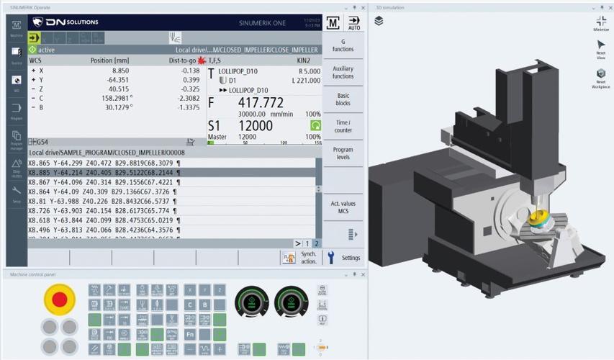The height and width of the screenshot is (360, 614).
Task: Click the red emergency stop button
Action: pos(60,299)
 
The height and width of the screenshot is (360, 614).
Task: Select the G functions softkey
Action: pos(343,45)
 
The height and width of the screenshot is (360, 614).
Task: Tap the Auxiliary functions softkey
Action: pos(343,72)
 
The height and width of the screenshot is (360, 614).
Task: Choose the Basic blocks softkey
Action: pos(343,99)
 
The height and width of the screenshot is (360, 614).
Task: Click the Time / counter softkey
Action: pos(343,126)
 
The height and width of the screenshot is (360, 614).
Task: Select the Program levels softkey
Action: pos(343,153)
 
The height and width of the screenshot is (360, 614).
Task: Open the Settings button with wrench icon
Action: pos(343,258)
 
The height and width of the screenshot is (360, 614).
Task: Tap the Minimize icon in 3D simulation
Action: pos(600,24)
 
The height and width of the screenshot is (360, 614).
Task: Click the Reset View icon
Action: pos(600,49)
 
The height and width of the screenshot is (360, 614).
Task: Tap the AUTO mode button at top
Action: pos(353,23)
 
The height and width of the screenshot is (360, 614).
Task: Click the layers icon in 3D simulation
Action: pos(379,21)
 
